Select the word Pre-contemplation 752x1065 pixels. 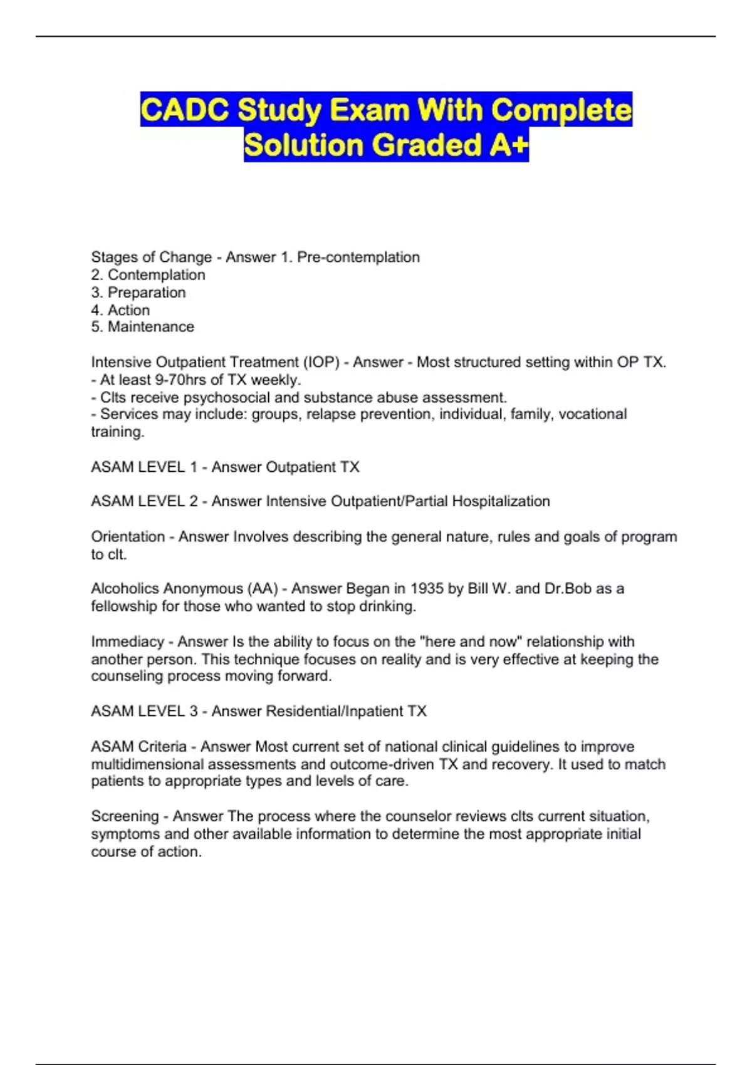point(358,257)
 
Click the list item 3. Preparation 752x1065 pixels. point(138,293)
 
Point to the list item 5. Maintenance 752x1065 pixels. point(143,327)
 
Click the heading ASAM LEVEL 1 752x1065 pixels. point(144,467)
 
